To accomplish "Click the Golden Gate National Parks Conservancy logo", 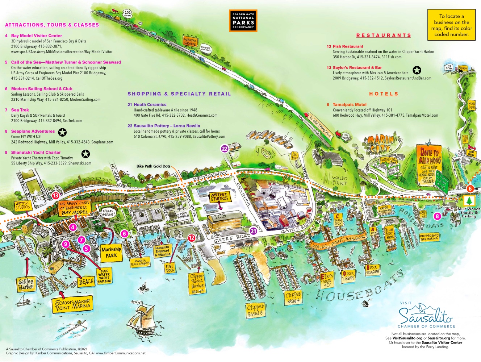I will click(243, 20).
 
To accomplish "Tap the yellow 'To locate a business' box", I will click(451, 25).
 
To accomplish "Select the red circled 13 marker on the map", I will click(55, 196).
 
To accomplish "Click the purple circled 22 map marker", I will click(225, 149).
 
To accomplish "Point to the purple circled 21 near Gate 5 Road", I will click(253, 231).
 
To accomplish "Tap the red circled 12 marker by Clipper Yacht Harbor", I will click(191, 238).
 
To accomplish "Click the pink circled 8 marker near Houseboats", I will click(437, 216).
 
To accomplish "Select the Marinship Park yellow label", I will click(111, 252).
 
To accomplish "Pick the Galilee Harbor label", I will click(26, 284).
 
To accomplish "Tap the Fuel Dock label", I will click(170, 268).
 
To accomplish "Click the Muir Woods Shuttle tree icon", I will click(469, 201).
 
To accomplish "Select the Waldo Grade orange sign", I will click(190, 41).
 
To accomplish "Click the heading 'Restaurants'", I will click(384, 35).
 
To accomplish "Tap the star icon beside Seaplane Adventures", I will click(62, 132).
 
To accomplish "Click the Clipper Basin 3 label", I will click(255, 311).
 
